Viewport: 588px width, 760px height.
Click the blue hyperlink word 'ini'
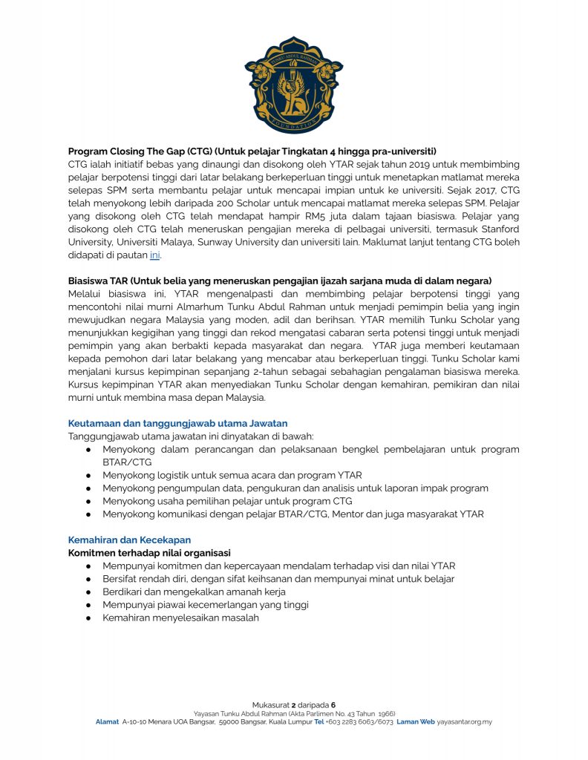(x=154, y=255)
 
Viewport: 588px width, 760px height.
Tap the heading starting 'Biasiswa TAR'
(x=280, y=281)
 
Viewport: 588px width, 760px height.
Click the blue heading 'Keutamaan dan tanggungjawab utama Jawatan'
(x=177, y=424)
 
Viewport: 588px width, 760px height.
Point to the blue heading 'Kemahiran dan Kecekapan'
(x=130, y=540)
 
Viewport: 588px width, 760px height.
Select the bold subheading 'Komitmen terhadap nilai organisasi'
(x=149, y=553)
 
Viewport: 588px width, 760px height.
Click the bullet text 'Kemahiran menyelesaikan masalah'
(x=181, y=617)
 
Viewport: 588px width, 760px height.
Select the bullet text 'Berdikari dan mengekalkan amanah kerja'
(x=195, y=592)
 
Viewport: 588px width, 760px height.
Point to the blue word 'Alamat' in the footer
(x=107, y=721)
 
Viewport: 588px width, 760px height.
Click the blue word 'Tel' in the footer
(x=319, y=721)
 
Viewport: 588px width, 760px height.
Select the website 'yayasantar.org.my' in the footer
(x=465, y=721)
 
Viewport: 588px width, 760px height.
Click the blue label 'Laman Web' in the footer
(x=415, y=721)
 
